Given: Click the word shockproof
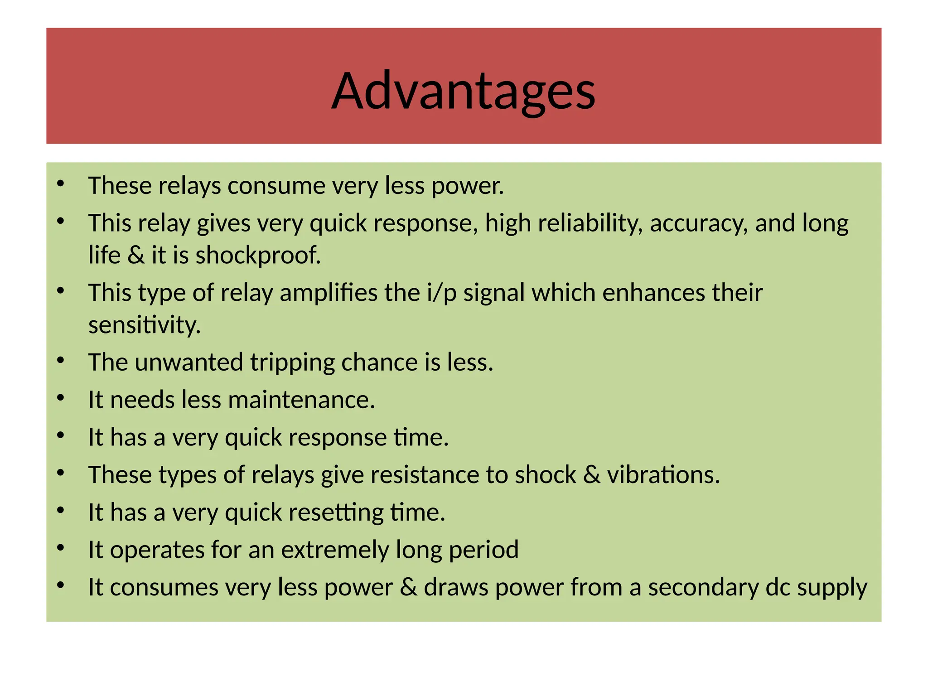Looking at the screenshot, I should [x=258, y=255].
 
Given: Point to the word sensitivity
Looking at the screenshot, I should [x=144, y=325].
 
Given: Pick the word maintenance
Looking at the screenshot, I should [x=301, y=400].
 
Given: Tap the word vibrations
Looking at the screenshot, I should [x=663, y=475].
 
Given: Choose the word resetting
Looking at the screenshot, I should [x=336, y=512].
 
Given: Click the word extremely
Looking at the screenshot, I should [x=335, y=550].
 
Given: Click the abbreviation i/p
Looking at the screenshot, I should [x=441, y=293].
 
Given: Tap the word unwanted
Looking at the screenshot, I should [x=188, y=362].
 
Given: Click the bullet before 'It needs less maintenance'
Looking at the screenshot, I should [x=61, y=398].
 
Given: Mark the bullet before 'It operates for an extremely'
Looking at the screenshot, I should [x=61, y=548].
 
